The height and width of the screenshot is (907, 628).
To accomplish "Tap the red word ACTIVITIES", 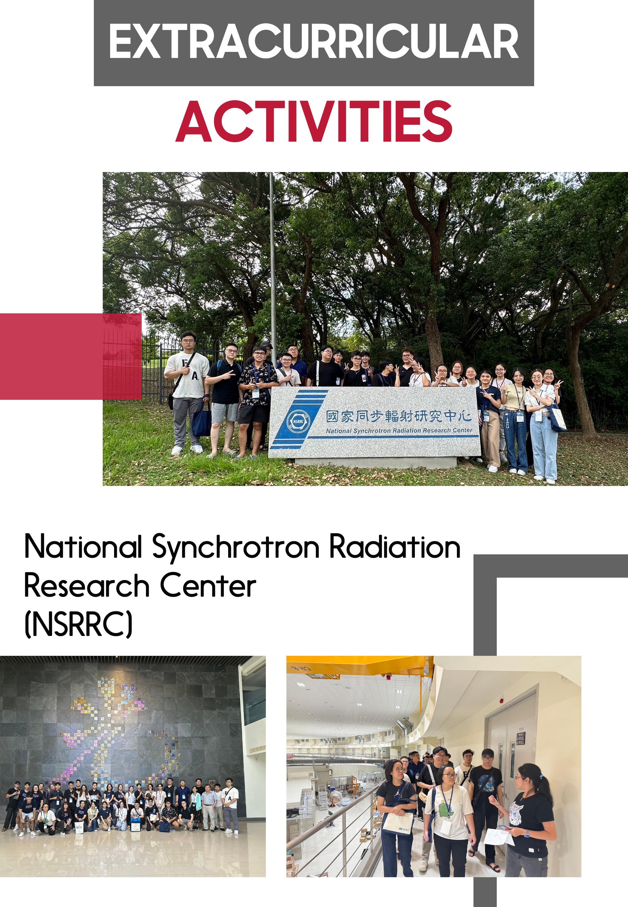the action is [314, 121].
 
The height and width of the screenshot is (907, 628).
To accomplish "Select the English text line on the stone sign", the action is [399, 431].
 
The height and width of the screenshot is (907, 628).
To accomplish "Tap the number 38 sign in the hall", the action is [311, 775].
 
